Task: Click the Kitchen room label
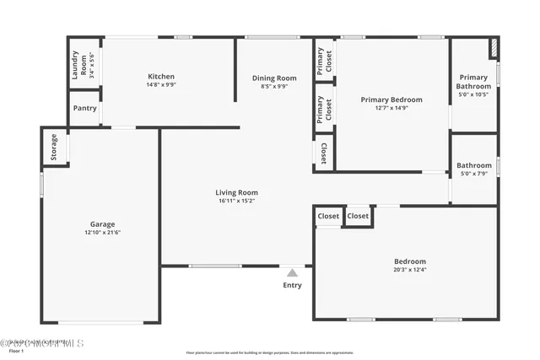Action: coord(160,77)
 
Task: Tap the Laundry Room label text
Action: coord(76,64)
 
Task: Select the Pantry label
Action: coord(84,108)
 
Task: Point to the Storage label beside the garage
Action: coord(54,147)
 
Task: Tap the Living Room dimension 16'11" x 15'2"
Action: coord(236,201)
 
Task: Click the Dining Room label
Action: coord(274,78)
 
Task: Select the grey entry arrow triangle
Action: coord(292,272)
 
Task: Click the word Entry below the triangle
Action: coord(292,285)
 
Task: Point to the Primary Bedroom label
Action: coord(391,99)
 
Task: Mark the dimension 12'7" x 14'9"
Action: coord(391,108)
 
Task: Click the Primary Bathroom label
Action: coord(473,82)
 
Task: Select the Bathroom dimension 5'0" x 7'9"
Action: coord(474,174)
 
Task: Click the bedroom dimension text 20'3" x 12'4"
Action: coord(410,270)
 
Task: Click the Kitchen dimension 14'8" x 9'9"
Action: coord(160,85)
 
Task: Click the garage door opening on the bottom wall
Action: coord(101,322)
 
